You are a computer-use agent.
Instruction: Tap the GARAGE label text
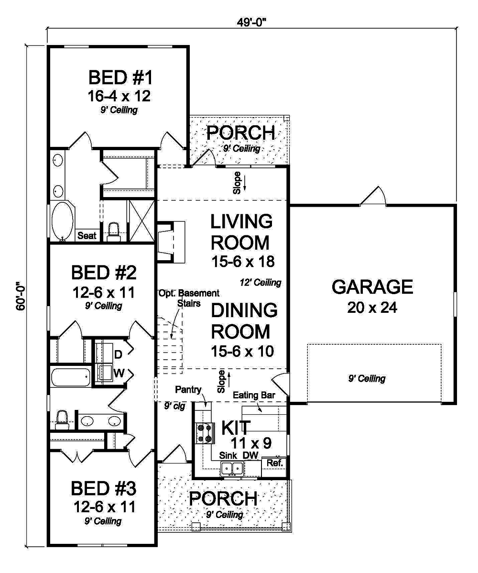coord(372,287)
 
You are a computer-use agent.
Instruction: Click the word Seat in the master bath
coord(87,235)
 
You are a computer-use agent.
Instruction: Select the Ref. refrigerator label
coord(275,463)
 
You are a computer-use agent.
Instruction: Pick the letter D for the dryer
coord(118,354)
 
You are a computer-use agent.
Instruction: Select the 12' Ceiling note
coord(261,282)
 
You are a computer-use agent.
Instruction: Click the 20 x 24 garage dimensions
coord(372,308)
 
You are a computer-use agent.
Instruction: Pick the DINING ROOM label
coord(244,320)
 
